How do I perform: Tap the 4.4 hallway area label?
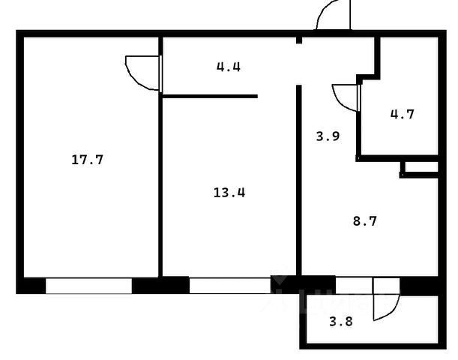229,67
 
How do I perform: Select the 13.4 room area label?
229,192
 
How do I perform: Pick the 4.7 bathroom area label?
402,115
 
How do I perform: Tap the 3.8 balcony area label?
340,323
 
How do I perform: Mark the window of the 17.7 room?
88,286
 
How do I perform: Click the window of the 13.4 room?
229,286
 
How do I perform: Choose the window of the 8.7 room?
353,286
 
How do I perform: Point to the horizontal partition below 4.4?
209,96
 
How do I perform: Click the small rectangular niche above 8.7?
421,169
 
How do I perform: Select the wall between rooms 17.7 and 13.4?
160,180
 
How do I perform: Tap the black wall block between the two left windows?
160,286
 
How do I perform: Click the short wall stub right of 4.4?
298,40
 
